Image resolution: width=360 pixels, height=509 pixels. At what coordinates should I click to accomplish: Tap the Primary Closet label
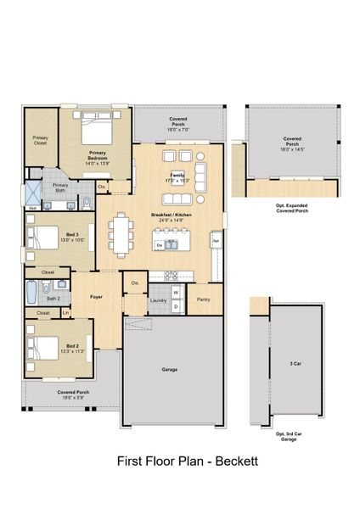click(40, 140)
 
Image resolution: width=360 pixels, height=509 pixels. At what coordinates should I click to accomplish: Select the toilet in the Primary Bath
click(87, 202)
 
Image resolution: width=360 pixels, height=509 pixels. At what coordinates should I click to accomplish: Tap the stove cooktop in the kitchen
click(170, 275)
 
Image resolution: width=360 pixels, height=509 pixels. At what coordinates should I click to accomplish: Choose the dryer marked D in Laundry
click(176, 306)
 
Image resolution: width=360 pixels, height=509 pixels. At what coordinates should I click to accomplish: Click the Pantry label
click(204, 299)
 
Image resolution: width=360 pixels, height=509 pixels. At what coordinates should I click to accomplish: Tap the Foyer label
click(97, 298)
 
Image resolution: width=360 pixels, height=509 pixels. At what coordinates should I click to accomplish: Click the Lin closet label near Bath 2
click(65, 313)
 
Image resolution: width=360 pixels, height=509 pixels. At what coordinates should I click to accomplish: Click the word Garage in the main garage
click(170, 370)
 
